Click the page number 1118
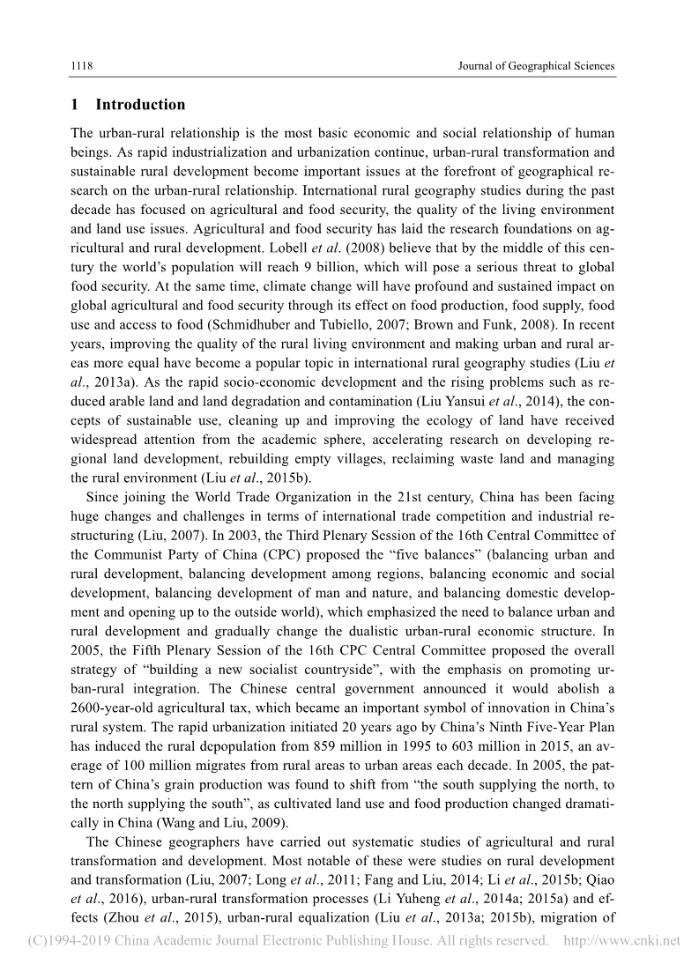click(x=82, y=66)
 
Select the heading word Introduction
click(x=140, y=105)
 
